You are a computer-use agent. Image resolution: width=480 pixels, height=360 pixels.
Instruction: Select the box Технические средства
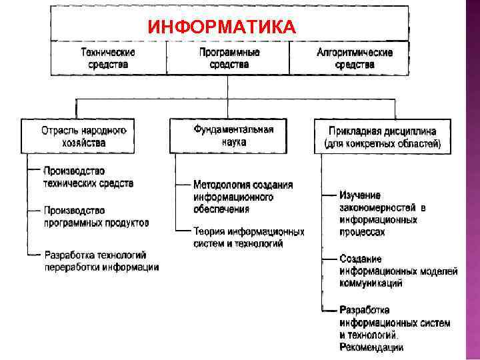coord(108,58)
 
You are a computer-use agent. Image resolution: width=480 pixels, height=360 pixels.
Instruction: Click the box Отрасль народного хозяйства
coord(83,136)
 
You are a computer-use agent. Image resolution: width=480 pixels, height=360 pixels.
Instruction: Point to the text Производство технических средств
coord(88,177)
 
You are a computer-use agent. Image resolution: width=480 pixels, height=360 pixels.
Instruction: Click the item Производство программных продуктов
coord(96,216)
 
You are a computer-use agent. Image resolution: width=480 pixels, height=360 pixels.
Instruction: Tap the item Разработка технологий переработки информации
coord(101,261)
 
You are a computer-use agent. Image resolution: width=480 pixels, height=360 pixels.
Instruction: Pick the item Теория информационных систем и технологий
coord(248,237)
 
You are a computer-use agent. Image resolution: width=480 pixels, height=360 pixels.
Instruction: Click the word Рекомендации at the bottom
coord(371,347)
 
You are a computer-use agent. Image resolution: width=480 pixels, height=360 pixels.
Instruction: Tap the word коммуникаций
coord(371,283)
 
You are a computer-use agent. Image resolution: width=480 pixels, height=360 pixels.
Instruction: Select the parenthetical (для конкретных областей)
coord(382,143)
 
